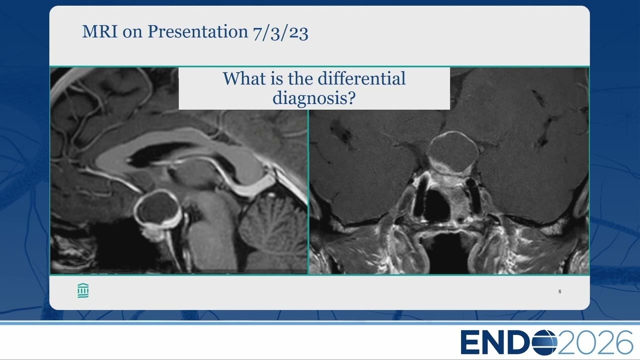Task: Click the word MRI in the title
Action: (99, 31)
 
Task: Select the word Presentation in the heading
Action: (197, 31)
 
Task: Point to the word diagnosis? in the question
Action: (314, 98)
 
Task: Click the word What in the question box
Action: (244, 78)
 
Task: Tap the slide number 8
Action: (559, 291)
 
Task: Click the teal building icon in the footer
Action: (83, 291)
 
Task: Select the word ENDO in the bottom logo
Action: (509, 342)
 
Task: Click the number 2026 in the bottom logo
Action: (595, 342)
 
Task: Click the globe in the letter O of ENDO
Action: (544, 342)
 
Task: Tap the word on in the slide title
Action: (132, 32)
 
